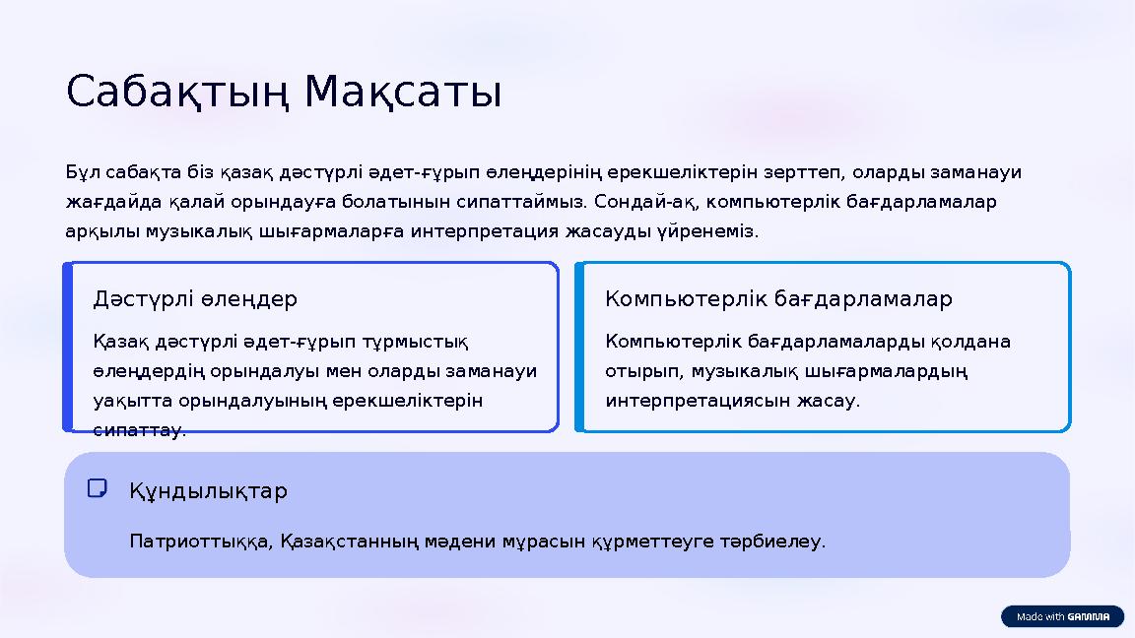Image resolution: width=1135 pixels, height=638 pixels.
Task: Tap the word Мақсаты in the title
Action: pyautogui.click(x=403, y=93)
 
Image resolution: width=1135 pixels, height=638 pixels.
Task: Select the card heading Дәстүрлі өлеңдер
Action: pyautogui.click(x=195, y=298)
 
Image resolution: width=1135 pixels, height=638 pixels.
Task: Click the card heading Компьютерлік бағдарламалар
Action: pyautogui.click(x=778, y=298)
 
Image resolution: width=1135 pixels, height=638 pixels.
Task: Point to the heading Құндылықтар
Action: pyautogui.click(x=208, y=490)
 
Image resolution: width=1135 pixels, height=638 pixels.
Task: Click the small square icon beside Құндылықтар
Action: pyautogui.click(x=97, y=488)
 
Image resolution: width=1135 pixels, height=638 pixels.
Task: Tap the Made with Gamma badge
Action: pyautogui.click(x=1062, y=616)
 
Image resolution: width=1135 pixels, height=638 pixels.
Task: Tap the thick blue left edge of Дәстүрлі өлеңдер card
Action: pyautogui.click(x=68, y=347)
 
